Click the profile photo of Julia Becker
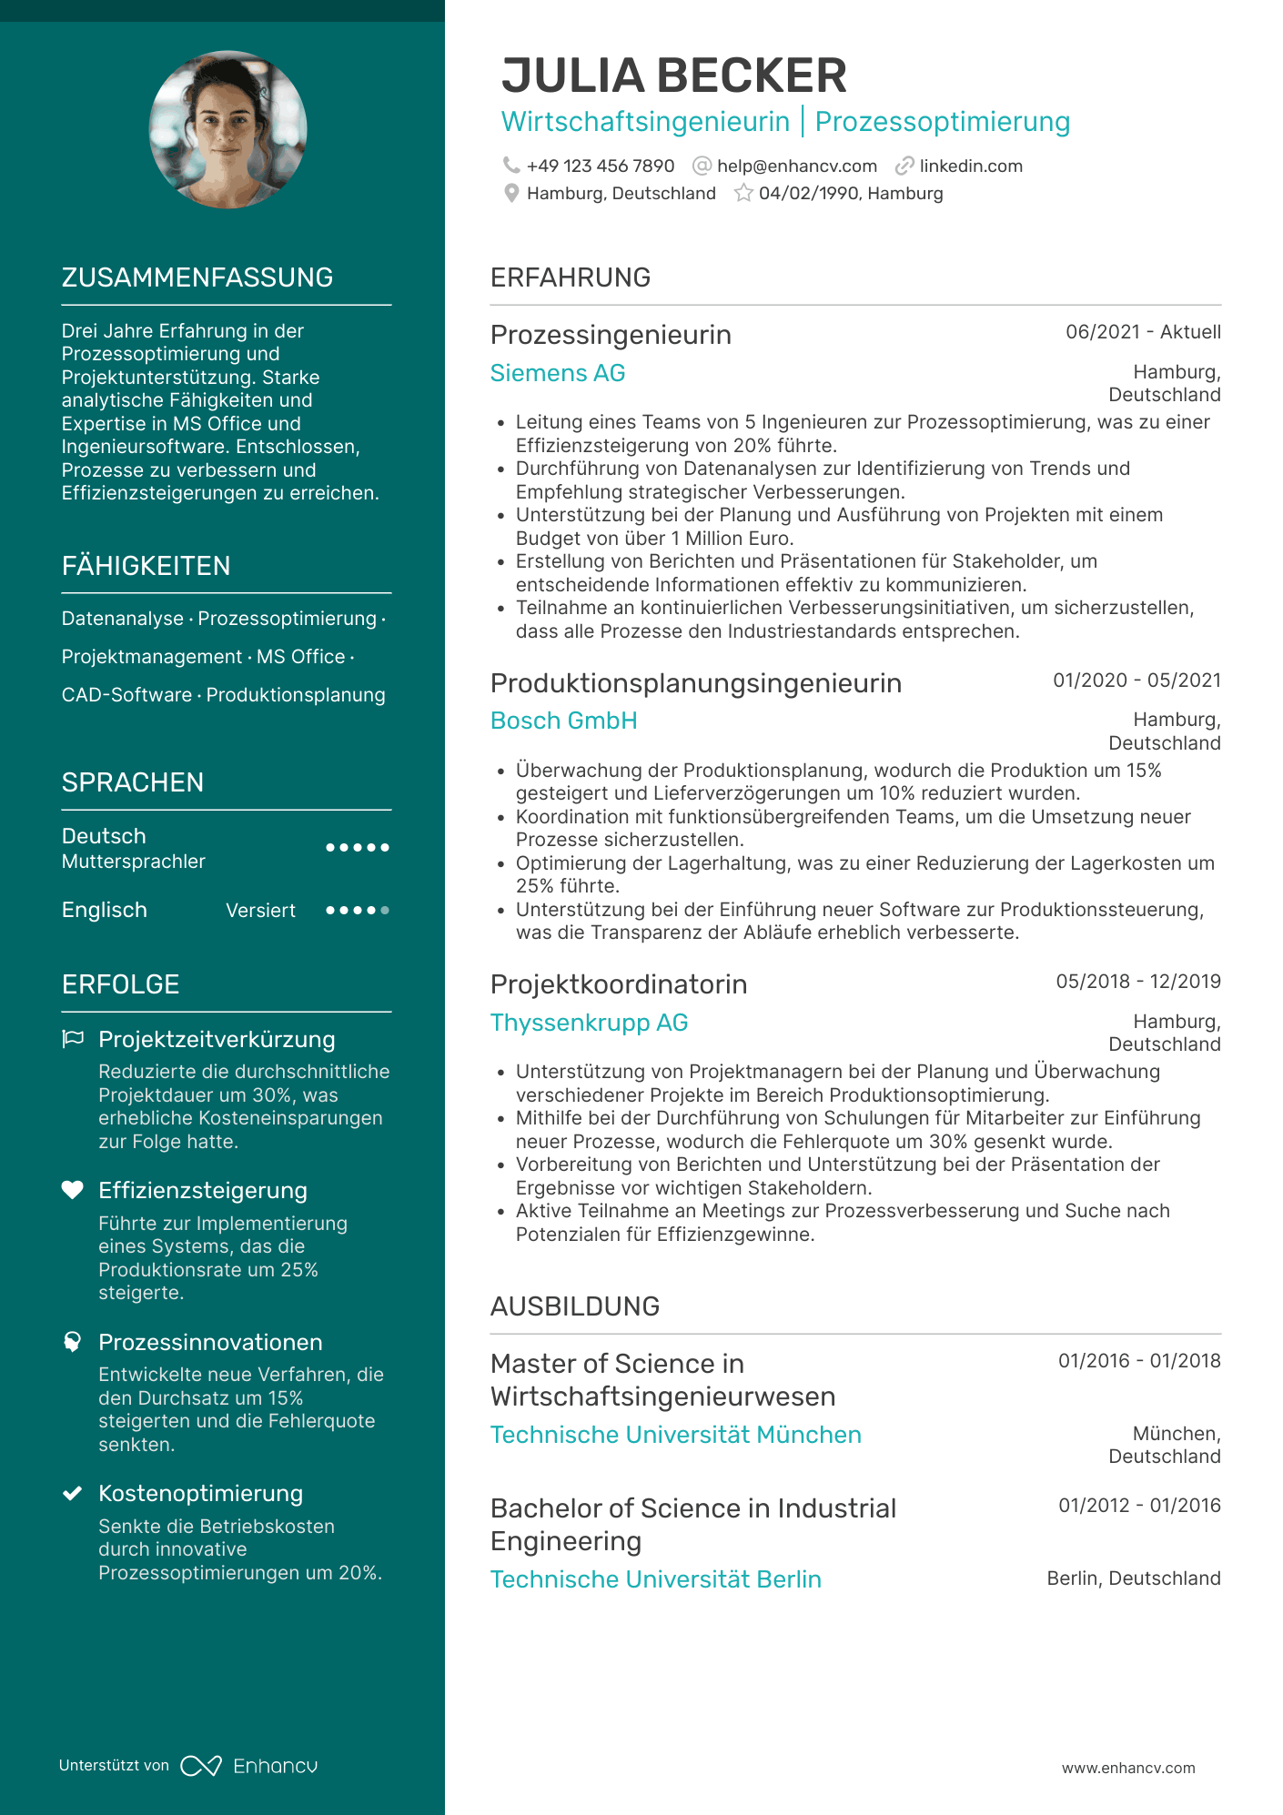tap(227, 129)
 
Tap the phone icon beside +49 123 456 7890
tap(511, 166)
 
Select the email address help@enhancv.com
tap(796, 166)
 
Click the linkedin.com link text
tap(970, 166)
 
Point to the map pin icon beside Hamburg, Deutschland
tap(511, 193)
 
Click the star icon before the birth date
tap(743, 193)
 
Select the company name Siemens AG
tap(557, 373)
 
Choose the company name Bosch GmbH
tap(563, 721)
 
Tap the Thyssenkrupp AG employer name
tap(589, 1023)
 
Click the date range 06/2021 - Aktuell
tap(1143, 332)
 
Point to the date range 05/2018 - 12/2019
tap(1137, 982)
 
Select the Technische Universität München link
tap(675, 1435)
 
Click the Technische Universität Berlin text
tap(655, 1579)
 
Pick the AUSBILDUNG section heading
tap(574, 1306)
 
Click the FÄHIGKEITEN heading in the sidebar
tap(146, 566)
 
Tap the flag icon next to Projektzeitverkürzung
tap(73, 1039)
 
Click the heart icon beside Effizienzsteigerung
tap(73, 1190)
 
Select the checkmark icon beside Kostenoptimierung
tap(73, 1493)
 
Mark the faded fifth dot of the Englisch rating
tap(385, 910)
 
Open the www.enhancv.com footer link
tap(1128, 1768)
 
